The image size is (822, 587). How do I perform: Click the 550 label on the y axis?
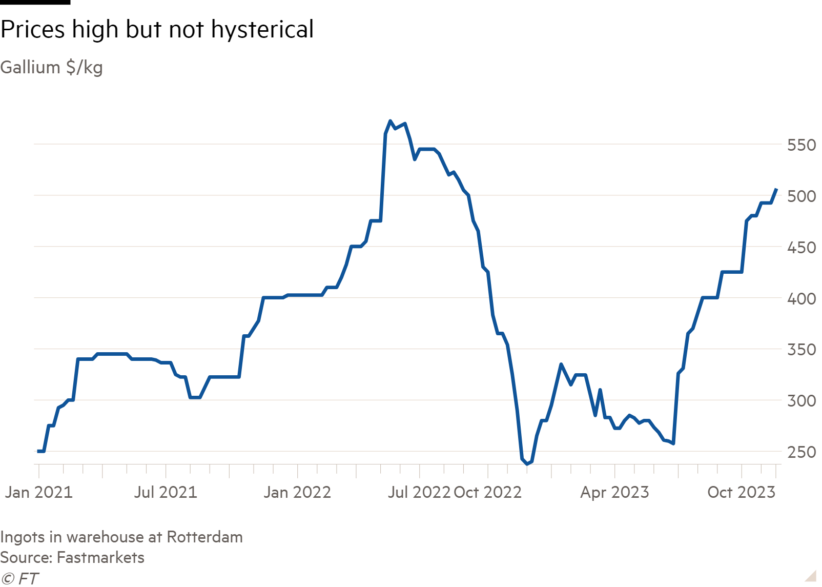pos(802,145)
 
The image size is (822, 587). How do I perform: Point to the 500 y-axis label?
pos(802,196)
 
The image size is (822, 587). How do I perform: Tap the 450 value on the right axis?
pos(802,248)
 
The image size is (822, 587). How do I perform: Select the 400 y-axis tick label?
pos(802,298)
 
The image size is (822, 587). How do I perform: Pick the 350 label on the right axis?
pos(802,350)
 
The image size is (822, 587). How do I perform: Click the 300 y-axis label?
pos(802,400)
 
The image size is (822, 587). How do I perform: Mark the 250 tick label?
pos(802,452)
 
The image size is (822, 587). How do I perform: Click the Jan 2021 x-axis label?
pos(39,492)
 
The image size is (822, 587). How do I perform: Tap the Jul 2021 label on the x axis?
pos(166,492)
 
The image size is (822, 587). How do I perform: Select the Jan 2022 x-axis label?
pos(297,492)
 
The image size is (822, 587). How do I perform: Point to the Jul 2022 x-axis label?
pos(419,492)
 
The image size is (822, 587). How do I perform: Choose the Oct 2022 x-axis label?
pos(488,492)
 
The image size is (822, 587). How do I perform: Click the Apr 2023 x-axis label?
pos(614,492)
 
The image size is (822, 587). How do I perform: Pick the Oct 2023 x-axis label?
pos(741,492)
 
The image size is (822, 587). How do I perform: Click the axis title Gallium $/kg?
pos(52,67)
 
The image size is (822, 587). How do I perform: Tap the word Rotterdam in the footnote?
pos(204,537)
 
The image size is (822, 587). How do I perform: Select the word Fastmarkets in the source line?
pos(100,557)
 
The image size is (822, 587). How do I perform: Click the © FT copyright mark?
pos(19,579)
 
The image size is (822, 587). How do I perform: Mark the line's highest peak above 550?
pos(391,122)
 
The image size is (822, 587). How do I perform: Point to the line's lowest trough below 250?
pos(527,463)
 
